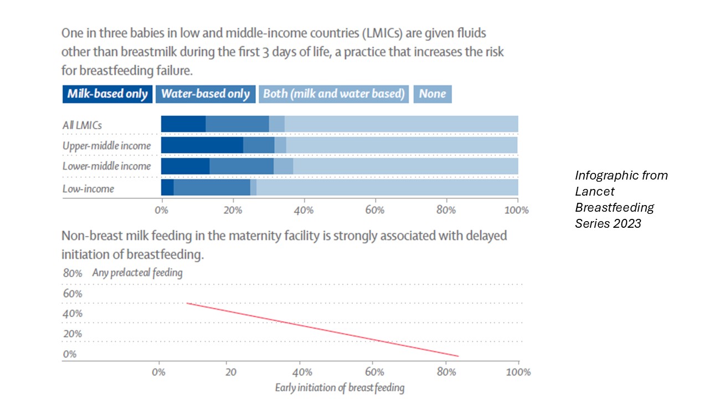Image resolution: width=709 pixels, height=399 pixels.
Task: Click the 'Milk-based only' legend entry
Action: pyautogui.click(x=107, y=94)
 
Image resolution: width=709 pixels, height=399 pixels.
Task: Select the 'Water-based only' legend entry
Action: pyautogui.click(x=205, y=94)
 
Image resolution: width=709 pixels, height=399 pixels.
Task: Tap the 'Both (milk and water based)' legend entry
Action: pyautogui.click(x=333, y=94)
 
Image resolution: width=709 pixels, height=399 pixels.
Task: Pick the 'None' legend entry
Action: pyautogui.click(x=432, y=94)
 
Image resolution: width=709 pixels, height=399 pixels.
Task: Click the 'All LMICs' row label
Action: pyautogui.click(x=82, y=125)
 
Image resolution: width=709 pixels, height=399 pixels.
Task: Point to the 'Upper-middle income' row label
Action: pyautogui.click(x=106, y=146)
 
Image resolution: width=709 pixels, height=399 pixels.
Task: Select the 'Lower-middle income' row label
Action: pyautogui.click(x=106, y=166)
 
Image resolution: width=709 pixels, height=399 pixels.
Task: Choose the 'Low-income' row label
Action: pyautogui.click(x=88, y=188)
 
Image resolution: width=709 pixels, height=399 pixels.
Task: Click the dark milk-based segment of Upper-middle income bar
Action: pyautogui.click(x=202, y=145)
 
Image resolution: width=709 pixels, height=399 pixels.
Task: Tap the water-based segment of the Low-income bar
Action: pyautogui.click(x=212, y=187)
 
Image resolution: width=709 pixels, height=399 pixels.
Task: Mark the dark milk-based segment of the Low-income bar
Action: pyautogui.click(x=167, y=187)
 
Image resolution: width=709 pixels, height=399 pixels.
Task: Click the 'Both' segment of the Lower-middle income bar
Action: pyautogui.click(x=283, y=166)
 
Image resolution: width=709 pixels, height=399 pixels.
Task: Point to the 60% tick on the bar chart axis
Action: pyautogui.click(x=375, y=211)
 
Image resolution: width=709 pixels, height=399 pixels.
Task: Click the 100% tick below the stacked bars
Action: pyautogui.click(x=517, y=211)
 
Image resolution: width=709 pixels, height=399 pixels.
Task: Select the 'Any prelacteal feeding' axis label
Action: pyautogui.click(x=137, y=273)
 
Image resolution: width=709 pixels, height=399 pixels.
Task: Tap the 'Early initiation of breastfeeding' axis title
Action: pyautogui.click(x=340, y=387)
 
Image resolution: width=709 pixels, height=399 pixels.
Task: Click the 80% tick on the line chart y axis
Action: pyautogui.click(x=72, y=273)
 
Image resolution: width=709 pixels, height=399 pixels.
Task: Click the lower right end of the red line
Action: pyautogui.click(x=458, y=356)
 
